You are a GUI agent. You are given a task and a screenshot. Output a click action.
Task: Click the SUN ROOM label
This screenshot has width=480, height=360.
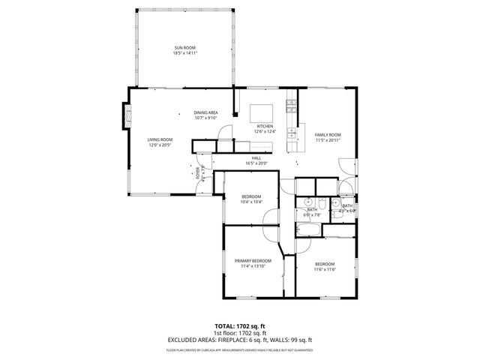[184, 49]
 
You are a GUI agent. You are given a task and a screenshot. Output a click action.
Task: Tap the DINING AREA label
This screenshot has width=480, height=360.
[205, 112]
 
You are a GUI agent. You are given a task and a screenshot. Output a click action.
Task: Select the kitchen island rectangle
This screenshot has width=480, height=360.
[262, 112]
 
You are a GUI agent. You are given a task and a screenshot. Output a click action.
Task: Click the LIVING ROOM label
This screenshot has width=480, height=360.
[159, 139]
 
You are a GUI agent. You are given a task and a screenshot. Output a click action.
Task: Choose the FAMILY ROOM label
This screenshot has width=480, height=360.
[328, 135]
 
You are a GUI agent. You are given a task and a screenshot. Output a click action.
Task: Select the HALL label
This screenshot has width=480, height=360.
[256, 157]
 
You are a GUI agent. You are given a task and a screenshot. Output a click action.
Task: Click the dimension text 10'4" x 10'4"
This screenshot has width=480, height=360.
[250, 202]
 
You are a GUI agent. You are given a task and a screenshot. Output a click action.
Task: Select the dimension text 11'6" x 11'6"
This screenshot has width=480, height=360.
[325, 269]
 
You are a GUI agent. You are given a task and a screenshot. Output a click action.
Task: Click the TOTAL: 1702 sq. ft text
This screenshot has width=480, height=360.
[239, 326]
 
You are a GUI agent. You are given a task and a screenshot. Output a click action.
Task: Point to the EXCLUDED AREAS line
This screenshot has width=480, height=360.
[239, 340]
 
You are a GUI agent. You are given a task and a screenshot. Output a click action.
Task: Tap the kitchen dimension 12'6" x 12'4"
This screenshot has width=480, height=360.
[265, 132]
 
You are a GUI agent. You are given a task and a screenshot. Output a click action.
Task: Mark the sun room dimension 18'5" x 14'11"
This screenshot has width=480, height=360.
[184, 54]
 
